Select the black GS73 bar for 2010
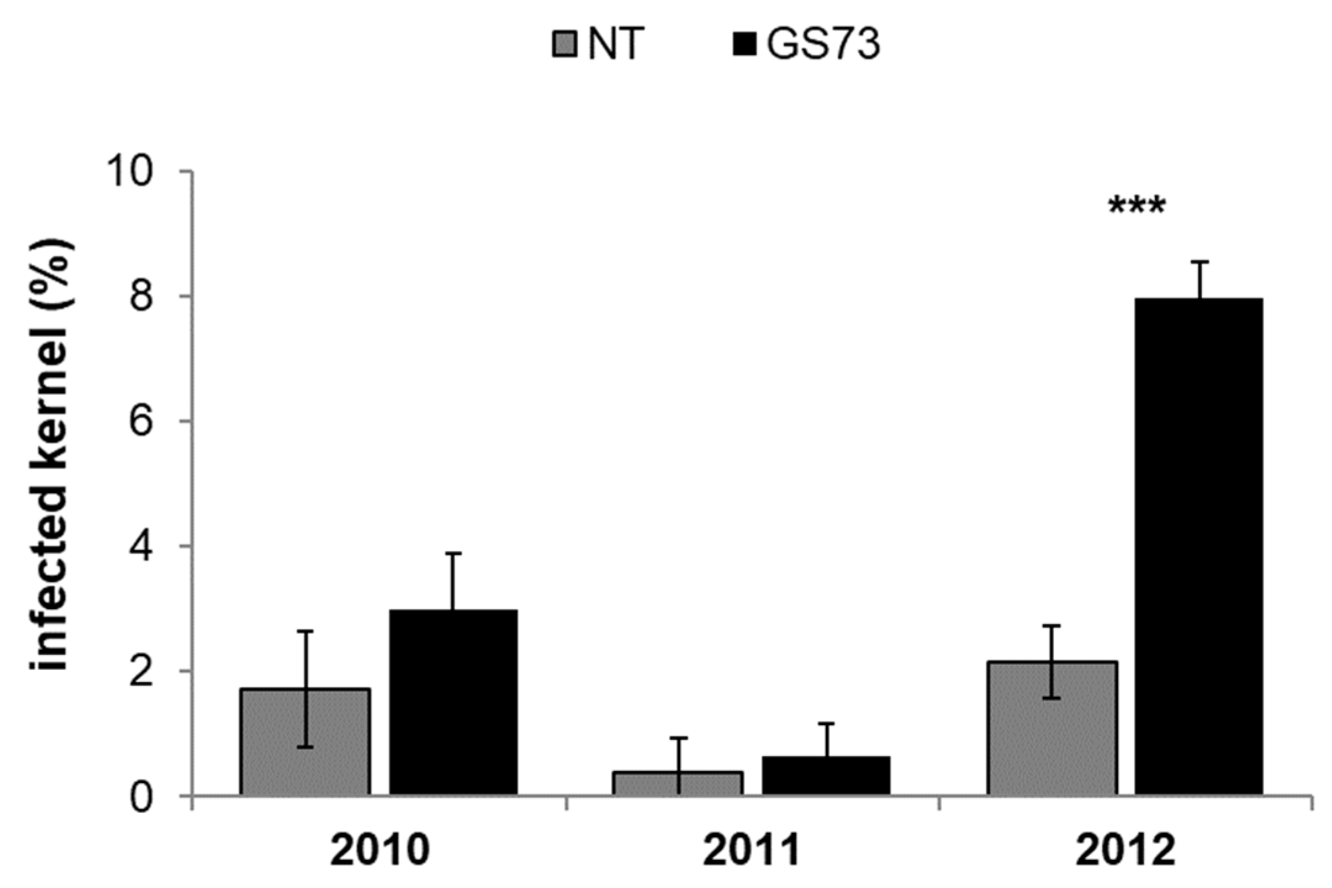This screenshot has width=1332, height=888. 453,703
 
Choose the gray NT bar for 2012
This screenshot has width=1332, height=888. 1052,728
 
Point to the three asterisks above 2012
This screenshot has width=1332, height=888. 1137,207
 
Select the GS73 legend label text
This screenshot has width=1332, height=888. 823,45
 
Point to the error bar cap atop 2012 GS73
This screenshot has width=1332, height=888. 1199,262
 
